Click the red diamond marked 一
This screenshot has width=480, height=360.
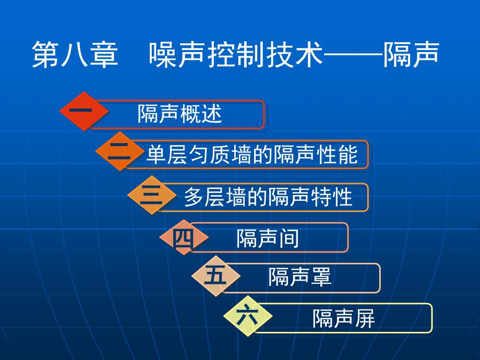pos(84,111)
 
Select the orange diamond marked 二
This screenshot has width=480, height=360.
pos(119,151)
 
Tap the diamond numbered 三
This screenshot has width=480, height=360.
pos(152,195)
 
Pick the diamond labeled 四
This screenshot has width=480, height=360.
pos(184,237)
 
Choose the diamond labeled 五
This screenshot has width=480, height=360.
pos(216,276)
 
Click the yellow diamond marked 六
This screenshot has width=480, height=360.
pos(248,316)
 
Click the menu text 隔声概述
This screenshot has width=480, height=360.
pos(179,114)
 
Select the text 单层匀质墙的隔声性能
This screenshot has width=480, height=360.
pos(252,154)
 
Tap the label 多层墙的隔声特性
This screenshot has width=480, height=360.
pos(268,197)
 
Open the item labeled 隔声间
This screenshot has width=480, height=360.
pos(268,238)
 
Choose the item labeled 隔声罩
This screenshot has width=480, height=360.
pos(300,277)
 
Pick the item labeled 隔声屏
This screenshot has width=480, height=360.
pos(344,318)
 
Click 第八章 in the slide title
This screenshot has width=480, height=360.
pos(75,54)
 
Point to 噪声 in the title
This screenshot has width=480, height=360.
pos(177,54)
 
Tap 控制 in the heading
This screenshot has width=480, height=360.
pos(236,54)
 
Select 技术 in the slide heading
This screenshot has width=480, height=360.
pos(294,54)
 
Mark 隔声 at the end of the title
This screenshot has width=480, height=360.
pos(411,54)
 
